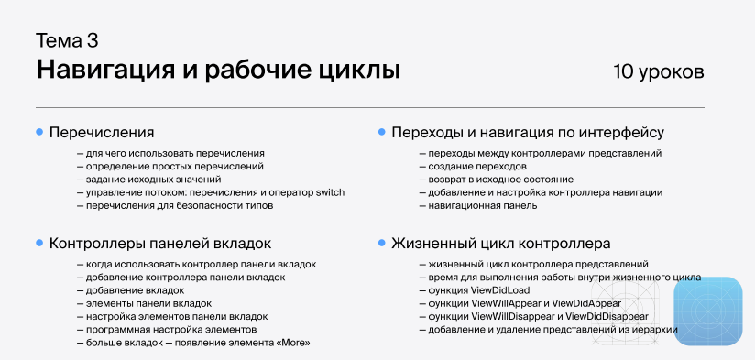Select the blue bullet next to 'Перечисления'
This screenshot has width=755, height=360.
coord(39,133)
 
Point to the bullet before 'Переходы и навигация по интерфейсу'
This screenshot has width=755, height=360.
coord(381,133)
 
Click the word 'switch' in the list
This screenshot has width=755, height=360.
coord(329,192)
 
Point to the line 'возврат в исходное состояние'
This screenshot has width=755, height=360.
coord(500,180)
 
